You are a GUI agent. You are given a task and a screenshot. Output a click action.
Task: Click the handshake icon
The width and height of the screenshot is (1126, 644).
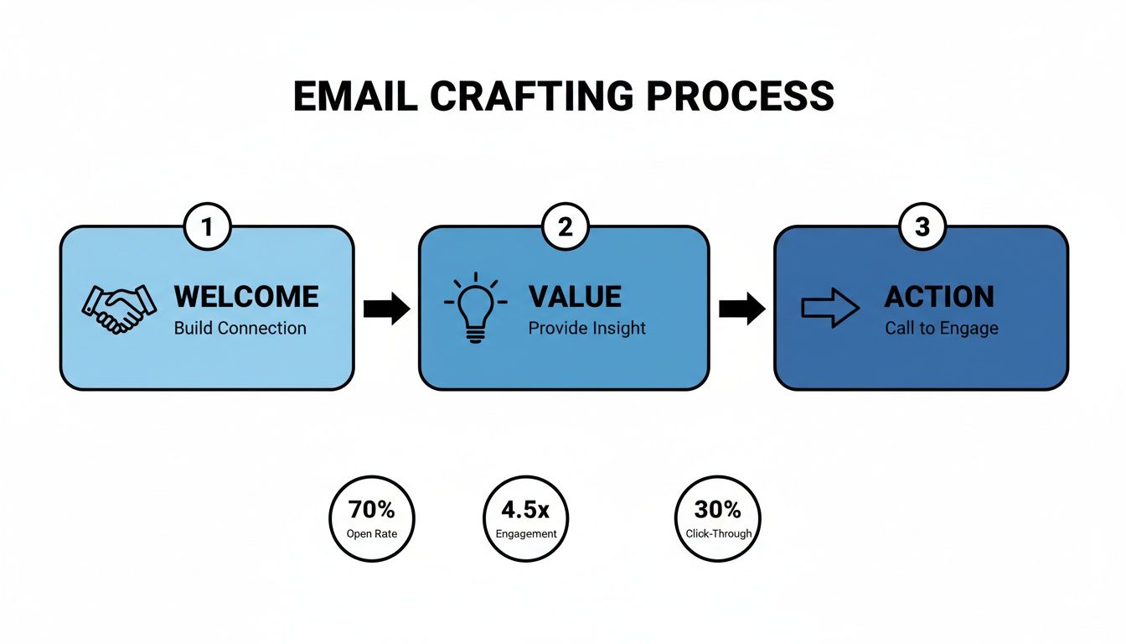click(x=118, y=309)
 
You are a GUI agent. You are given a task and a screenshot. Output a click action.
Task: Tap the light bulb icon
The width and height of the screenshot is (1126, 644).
click(x=475, y=307)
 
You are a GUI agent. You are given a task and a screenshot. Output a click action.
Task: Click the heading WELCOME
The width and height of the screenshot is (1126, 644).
click(x=246, y=297)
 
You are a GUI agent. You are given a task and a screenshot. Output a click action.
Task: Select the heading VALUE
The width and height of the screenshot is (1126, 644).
click(x=575, y=297)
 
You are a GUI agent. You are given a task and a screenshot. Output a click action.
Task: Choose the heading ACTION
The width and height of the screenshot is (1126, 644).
click(x=939, y=297)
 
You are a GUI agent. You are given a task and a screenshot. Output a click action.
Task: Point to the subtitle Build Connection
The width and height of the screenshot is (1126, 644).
click(x=240, y=328)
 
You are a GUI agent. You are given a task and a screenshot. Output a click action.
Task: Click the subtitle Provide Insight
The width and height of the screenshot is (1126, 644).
click(x=586, y=328)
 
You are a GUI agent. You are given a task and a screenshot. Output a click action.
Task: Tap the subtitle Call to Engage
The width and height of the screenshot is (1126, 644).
click(x=942, y=328)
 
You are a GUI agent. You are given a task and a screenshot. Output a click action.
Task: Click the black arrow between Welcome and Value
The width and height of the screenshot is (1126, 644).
click(x=386, y=309)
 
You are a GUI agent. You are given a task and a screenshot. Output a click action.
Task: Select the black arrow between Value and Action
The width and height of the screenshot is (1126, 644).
click(x=741, y=309)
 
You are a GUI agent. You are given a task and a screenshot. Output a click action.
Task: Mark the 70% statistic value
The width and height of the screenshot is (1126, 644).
click(x=371, y=510)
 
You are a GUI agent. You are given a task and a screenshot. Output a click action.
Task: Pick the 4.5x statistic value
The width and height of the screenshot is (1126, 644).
click(x=526, y=510)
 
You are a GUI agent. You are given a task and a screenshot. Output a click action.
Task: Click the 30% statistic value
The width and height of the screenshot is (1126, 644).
click(x=718, y=510)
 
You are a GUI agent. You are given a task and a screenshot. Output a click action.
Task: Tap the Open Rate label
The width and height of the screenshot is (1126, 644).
click(x=371, y=533)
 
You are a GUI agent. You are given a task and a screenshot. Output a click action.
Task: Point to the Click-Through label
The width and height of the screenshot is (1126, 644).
click(x=718, y=533)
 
